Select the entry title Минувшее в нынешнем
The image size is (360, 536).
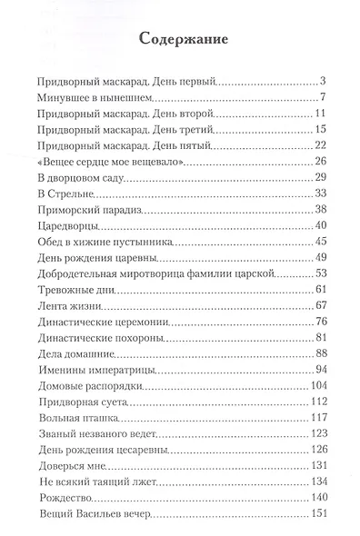(100, 97)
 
